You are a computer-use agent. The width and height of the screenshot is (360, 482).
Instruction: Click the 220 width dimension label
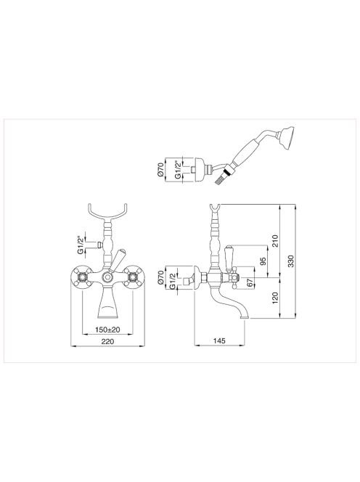[107, 341]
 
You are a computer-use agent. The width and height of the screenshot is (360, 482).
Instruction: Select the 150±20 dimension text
[107, 330]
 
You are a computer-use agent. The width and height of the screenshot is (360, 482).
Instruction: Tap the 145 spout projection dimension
[219, 340]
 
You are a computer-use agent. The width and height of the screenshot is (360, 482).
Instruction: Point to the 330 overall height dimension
[291, 261]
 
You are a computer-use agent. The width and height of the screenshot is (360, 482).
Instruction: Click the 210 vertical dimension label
[275, 241]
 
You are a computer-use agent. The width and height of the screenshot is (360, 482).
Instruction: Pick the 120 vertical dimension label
[275, 298]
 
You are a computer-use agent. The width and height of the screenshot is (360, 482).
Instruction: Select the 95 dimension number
[263, 261]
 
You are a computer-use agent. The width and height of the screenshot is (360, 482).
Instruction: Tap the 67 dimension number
[251, 282]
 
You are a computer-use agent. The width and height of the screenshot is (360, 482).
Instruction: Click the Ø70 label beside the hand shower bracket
[160, 170]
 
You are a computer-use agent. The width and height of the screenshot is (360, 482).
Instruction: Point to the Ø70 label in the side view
[160, 277]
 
